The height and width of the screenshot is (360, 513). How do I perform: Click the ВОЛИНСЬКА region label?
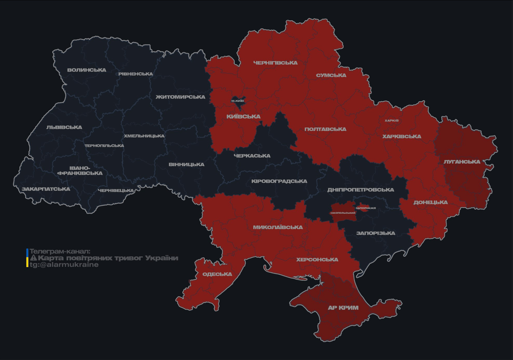pyautogui.click(x=87, y=70)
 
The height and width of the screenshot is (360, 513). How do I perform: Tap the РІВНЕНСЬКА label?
pyautogui.click(x=136, y=74)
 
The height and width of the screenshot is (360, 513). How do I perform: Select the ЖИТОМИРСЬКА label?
pyautogui.click(x=180, y=97)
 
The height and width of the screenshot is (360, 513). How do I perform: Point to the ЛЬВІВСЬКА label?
pyautogui.click(x=64, y=127)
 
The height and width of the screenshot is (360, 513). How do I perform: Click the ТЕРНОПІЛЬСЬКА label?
pyautogui.click(x=104, y=146)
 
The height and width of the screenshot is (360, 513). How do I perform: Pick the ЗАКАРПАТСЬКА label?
pyautogui.click(x=45, y=189)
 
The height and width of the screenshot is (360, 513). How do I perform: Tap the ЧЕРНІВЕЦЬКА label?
pyautogui.click(x=116, y=191)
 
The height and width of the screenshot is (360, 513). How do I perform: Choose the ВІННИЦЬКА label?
pyautogui.click(x=186, y=165)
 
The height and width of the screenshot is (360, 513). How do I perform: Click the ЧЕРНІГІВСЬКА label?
pyautogui.click(x=275, y=63)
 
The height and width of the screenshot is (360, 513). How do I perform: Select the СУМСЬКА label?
pyautogui.click(x=331, y=75)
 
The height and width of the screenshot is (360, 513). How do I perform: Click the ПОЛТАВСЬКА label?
pyautogui.click(x=325, y=129)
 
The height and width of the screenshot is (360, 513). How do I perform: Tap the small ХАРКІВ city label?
pyautogui.click(x=392, y=120)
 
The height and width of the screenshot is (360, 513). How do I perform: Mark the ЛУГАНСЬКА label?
pyautogui.click(x=462, y=162)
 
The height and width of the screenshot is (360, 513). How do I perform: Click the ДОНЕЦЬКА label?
pyautogui.click(x=430, y=202)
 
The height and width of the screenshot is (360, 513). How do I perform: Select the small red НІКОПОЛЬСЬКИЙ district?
pyautogui.click(x=343, y=212)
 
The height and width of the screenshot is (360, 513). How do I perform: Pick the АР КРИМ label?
pyautogui.click(x=343, y=308)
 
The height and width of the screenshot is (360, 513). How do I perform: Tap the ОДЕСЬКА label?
pyautogui.click(x=217, y=274)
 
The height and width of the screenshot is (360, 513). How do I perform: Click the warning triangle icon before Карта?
pyautogui.click(x=33, y=258)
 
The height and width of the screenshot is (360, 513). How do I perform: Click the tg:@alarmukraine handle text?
pyautogui.click(x=64, y=265)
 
